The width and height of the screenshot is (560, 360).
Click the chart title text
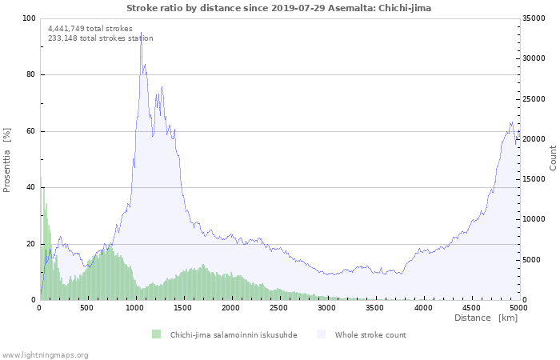pos(278,7)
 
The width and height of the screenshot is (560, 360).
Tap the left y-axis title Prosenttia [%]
pos(7,160)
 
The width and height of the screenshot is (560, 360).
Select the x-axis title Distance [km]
pos(486,318)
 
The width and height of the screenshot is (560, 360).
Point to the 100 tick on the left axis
pos(29,18)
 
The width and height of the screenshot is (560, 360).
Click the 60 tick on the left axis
pos(31,131)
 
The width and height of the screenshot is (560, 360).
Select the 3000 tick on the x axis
pos(326,307)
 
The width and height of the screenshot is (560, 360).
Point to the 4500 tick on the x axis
pos(470,307)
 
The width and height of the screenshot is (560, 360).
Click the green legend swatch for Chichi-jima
pos(156,334)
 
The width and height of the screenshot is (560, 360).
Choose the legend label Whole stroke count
pos(370,335)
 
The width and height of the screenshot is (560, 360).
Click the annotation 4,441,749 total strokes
pos(90,29)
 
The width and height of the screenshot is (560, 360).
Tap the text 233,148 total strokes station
pos(101,38)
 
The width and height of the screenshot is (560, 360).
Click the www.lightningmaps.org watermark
pos(45,355)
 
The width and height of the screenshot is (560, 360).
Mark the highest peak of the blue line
pos(141,33)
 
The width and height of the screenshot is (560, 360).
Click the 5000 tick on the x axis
pos(518,307)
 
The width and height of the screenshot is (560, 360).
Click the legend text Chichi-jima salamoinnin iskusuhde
pos(234,335)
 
